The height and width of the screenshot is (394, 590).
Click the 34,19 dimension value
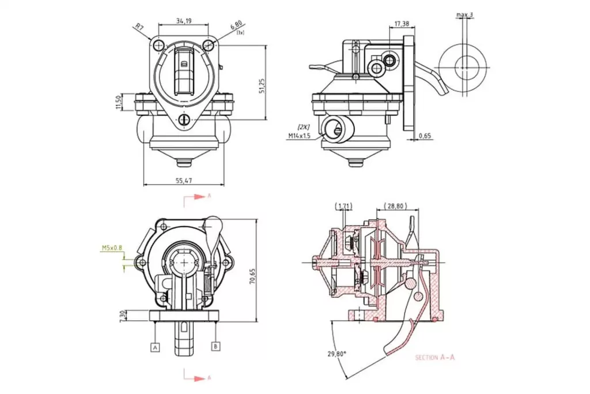pyautogui.click(x=183, y=21)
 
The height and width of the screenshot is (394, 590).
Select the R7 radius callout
pyautogui.click(x=139, y=27)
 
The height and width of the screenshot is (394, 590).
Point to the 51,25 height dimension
pyautogui.click(x=262, y=85)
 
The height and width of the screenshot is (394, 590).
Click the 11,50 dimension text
pyautogui.click(x=118, y=102)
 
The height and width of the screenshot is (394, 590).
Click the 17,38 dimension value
pyautogui.click(x=402, y=24)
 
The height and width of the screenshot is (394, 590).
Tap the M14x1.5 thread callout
pyautogui.click(x=300, y=136)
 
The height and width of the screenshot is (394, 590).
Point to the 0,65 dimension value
pyautogui.click(x=425, y=136)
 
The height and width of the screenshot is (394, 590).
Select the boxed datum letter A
pyautogui.click(x=154, y=347)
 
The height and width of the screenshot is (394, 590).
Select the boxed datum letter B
pyautogui.click(x=215, y=346)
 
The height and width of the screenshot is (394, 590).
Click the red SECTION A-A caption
pyautogui.click(x=435, y=358)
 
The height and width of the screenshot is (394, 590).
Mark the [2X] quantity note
pyautogui.click(x=303, y=126)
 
